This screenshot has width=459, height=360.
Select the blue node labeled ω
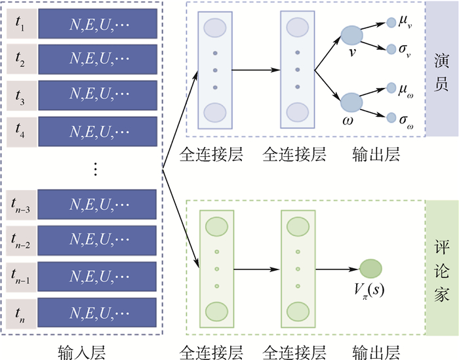pyautogui.click(x=353, y=102)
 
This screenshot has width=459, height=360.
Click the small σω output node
pyautogui.click(x=391, y=118)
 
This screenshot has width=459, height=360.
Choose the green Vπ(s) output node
pyautogui.click(x=370, y=268)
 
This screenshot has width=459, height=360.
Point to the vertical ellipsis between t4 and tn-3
pyautogui.click(x=95, y=169)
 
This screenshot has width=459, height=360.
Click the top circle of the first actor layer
pyautogui.click(x=216, y=28)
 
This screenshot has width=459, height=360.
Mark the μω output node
pyautogui.click(x=391, y=87)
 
